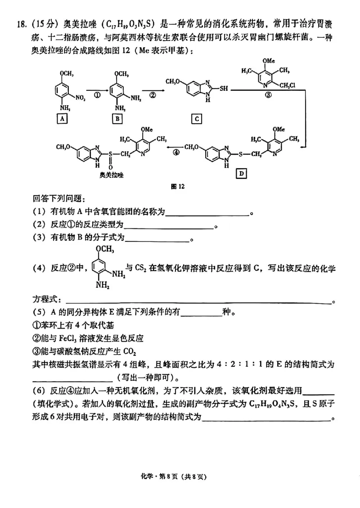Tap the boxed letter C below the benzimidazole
tap(196, 119)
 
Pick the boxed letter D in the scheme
tap(241, 173)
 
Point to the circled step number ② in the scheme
tap(152, 95)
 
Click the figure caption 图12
tap(179, 187)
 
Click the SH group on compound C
tap(223, 89)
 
